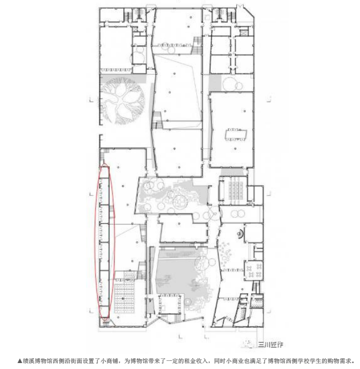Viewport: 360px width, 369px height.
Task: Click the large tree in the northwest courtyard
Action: click(x=122, y=101)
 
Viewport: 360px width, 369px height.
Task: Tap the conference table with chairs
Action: click(x=236, y=135)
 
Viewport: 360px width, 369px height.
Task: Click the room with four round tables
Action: click(x=254, y=271)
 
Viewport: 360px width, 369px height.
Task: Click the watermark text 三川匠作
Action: click(x=271, y=345)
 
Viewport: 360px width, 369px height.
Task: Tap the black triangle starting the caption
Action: click(x=20, y=361)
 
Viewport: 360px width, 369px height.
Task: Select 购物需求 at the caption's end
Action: click(x=339, y=361)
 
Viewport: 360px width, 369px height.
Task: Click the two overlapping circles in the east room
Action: click(x=238, y=214)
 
